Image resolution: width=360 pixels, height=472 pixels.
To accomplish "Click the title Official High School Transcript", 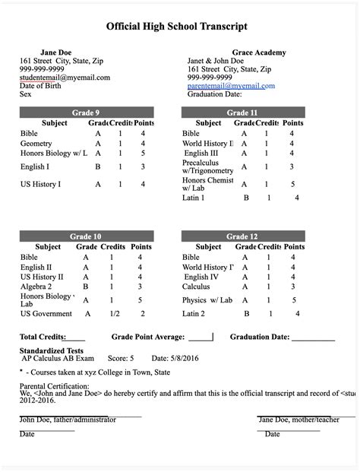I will click(x=177, y=26).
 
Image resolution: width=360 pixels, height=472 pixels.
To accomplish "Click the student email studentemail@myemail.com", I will click(x=65, y=77).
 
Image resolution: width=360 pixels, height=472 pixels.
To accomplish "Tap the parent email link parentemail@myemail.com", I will click(x=231, y=86).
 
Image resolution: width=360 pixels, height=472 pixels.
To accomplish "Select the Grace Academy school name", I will click(x=238, y=52).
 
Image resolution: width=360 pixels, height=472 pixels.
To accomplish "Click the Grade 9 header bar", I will click(x=86, y=112).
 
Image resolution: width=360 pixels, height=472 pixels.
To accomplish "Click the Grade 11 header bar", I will click(x=242, y=112).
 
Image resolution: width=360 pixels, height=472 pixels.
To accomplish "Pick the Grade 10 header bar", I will click(x=86, y=236).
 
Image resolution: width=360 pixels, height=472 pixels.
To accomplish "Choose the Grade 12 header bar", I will click(x=242, y=236).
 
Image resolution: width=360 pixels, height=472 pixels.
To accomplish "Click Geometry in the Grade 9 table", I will click(x=36, y=143).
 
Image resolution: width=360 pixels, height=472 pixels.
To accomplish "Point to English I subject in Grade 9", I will click(x=35, y=166).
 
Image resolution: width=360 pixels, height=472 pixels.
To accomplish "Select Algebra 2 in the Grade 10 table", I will click(x=36, y=287).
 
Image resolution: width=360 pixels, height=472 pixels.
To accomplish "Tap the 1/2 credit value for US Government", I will click(x=115, y=313).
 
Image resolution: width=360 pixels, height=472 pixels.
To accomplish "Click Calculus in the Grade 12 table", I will click(x=197, y=287).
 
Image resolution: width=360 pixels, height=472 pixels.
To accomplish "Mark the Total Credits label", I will click(x=42, y=336).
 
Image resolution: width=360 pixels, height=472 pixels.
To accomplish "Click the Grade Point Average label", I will click(x=149, y=336).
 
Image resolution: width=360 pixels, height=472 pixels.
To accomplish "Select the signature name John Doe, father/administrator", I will click(x=68, y=419).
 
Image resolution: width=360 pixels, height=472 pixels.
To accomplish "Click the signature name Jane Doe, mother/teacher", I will click(x=299, y=419).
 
